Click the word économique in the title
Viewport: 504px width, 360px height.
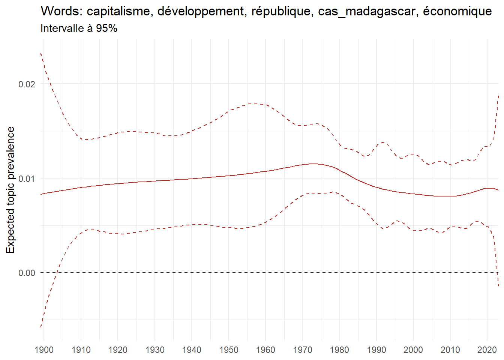[457, 12]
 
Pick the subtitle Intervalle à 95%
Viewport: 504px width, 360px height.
[79, 28]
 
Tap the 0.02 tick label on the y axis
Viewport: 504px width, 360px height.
[27, 84]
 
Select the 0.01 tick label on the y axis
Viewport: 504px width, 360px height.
[27, 178]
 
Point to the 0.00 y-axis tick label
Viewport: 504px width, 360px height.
[27, 273]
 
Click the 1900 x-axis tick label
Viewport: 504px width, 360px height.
[44, 350]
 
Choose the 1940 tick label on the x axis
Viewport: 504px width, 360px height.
[192, 350]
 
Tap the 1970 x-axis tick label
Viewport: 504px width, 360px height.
[303, 350]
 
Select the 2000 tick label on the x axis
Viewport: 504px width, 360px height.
[413, 350]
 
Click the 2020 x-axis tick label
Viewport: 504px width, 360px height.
[487, 350]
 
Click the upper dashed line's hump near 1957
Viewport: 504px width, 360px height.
[255, 103]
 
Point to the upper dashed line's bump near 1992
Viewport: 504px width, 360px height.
[382, 142]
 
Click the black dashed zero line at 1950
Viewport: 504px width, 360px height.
[229, 272]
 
